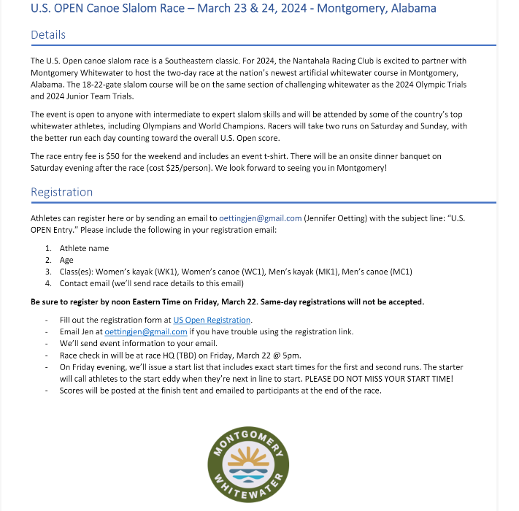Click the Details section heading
(x=48, y=35)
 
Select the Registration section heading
(x=61, y=192)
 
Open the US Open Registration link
(x=212, y=320)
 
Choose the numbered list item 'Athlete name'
(x=84, y=248)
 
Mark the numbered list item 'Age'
(x=66, y=260)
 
